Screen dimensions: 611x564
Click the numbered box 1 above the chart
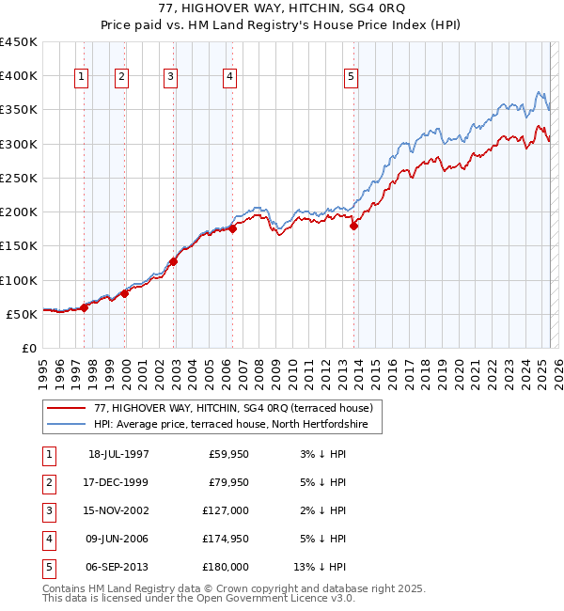83,78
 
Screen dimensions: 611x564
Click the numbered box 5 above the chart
351,78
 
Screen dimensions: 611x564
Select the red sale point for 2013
354,226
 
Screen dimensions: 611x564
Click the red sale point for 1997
85,307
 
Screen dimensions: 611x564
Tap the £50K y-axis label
22,314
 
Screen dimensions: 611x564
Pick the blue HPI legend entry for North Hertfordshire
237,425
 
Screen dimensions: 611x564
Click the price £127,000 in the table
227,512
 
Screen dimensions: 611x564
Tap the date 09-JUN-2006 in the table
117,540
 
